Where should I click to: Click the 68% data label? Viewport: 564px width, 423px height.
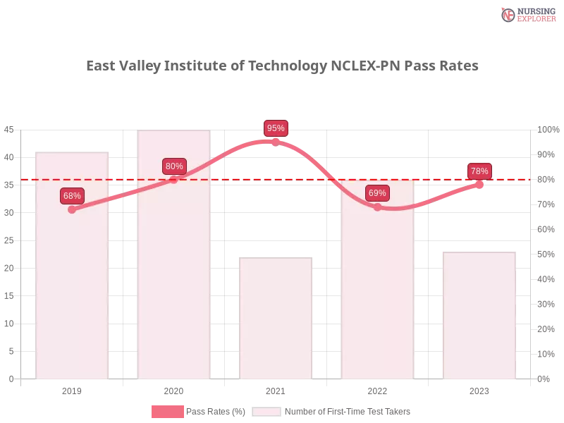[x=72, y=196]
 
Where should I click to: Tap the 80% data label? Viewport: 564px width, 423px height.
[x=174, y=166]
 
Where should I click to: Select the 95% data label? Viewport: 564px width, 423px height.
[x=276, y=128]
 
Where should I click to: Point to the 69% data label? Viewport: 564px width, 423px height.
[x=377, y=193]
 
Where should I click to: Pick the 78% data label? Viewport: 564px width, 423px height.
[x=479, y=171]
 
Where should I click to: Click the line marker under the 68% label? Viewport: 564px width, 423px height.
[x=72, y=209]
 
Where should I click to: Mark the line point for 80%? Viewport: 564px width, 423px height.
[x=174, y=180]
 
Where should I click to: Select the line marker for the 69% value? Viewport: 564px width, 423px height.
[x=377, y=207]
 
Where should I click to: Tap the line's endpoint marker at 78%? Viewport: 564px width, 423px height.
[x=479, y=185]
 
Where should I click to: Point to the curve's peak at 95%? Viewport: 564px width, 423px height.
[x=276, y=141]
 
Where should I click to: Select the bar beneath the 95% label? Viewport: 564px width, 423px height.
[x=276, y=317]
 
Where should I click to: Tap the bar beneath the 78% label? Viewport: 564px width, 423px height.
[x=479, y=317]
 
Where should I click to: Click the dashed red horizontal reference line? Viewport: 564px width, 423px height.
[x=226, y=179]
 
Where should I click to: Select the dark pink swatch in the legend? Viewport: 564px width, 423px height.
[x=167, y=412]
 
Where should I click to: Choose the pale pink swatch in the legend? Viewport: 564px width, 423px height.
[x=266, y=412]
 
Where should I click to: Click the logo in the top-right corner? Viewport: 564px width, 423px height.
[x=527, y=14]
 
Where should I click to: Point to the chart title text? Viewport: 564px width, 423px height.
[x=282, y=66]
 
